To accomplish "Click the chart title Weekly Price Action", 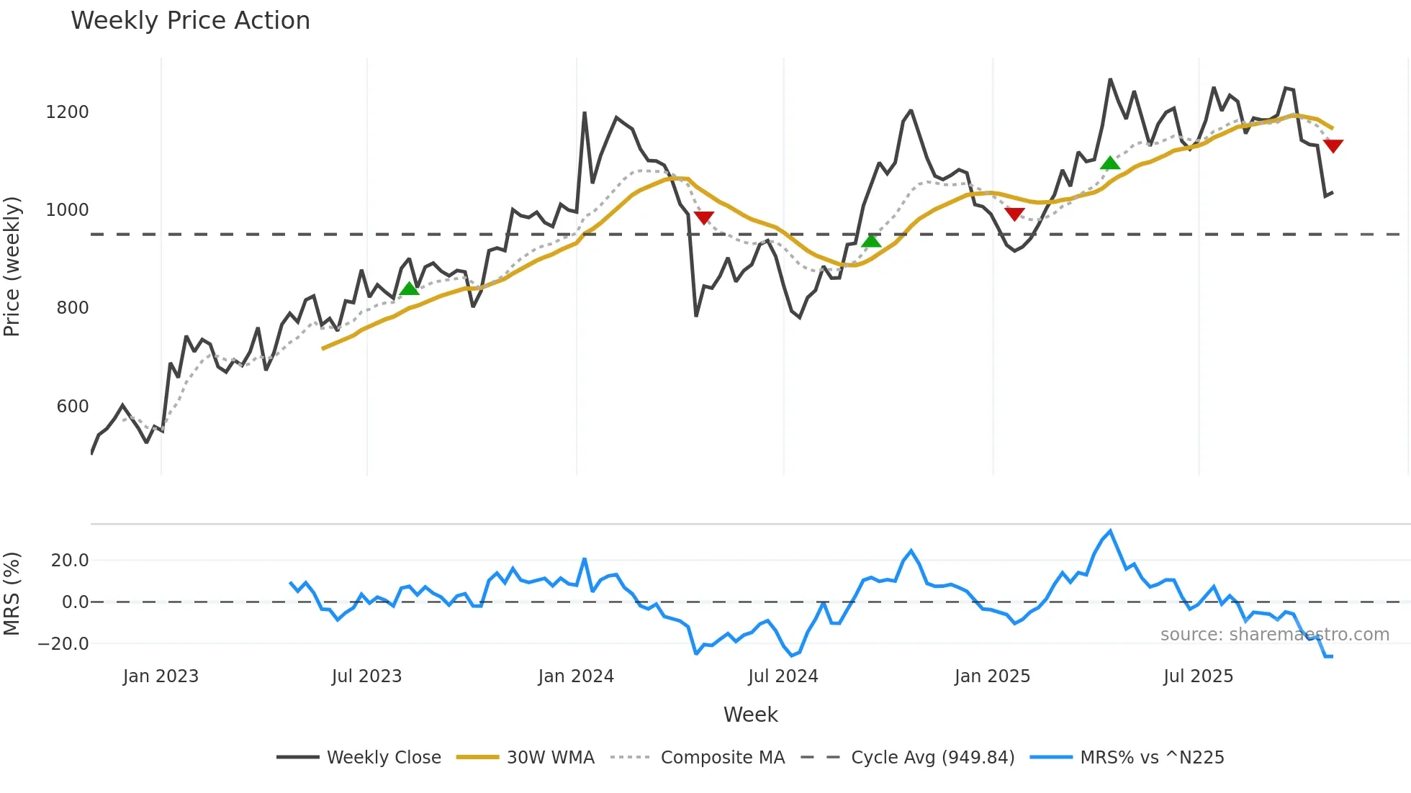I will (x=190, y=21).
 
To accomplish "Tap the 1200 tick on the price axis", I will (x=67, y=112).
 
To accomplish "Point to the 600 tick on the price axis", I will (x=72, y=407).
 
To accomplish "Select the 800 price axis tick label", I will (x=72, y=308).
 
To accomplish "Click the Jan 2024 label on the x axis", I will (x=576, y=676).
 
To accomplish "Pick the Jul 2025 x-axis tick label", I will (x=1199, y=676).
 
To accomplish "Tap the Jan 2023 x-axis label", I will (x=161, y=676).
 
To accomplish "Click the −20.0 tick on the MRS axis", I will (x=64, y=644).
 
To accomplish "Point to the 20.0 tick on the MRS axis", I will (x=70, y=561).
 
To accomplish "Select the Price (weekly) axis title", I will (x=12, y=266).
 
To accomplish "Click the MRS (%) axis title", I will (x=12, y=594).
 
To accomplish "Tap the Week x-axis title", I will (x=750, y=715).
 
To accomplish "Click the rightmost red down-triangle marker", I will (x=1333, y=146).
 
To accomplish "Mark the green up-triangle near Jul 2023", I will (x=410, y=289).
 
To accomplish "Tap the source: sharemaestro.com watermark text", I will (x=1274, y=635).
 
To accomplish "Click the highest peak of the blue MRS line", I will (x=1110, y=532).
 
